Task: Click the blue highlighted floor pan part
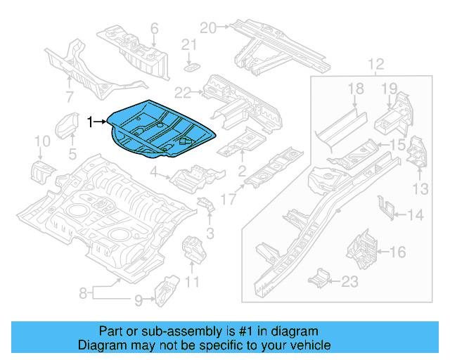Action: point(162,127)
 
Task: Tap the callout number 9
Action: point(138,300)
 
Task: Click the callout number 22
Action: point(183,92)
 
